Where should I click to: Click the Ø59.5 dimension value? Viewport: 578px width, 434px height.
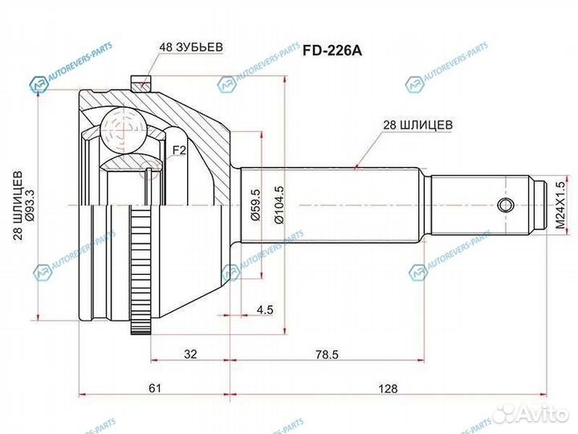[256, 206]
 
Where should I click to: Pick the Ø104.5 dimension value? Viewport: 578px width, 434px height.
[279, 206]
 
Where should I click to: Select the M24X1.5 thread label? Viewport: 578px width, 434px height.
[562, 206]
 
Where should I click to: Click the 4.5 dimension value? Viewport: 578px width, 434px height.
[266, 309]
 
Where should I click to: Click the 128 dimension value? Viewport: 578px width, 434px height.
[389, 388]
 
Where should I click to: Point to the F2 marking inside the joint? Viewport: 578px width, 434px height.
[179, 149]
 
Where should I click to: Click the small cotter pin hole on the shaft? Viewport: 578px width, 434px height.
[504, 205]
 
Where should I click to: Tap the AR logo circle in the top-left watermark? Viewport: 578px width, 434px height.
[39, 84]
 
